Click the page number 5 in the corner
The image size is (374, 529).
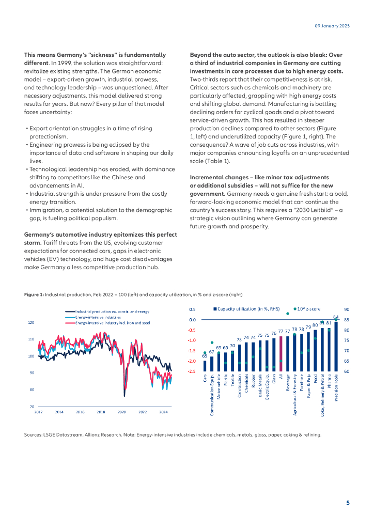348,503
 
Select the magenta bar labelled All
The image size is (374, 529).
281,354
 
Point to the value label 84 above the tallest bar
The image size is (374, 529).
336,317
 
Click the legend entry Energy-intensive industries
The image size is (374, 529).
98,317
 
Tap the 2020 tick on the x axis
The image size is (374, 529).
122,412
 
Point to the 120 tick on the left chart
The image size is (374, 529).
30,322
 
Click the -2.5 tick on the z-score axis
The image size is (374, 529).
192,371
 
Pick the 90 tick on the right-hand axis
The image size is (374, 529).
346,309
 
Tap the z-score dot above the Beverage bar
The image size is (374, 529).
288,314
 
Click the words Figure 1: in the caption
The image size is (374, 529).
34,294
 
